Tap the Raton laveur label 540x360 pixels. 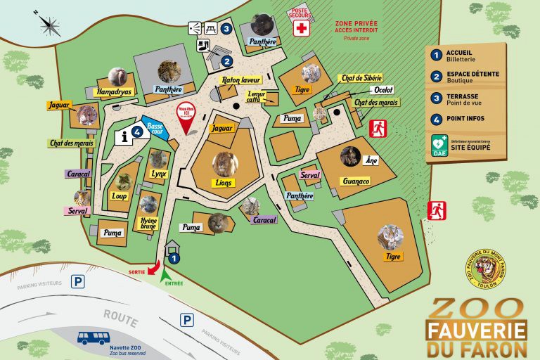[240, 81]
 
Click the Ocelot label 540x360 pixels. [383, 90]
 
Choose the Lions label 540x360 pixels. [225, 182]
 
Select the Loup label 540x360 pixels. [120, 196]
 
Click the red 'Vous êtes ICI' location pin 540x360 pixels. [186, 119]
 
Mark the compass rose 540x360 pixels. [51, 26]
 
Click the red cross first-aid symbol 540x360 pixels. [302, 29]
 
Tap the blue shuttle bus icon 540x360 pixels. [94, 337]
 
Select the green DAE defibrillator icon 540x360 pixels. [439, 145]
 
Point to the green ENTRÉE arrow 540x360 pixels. [166, 275]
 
